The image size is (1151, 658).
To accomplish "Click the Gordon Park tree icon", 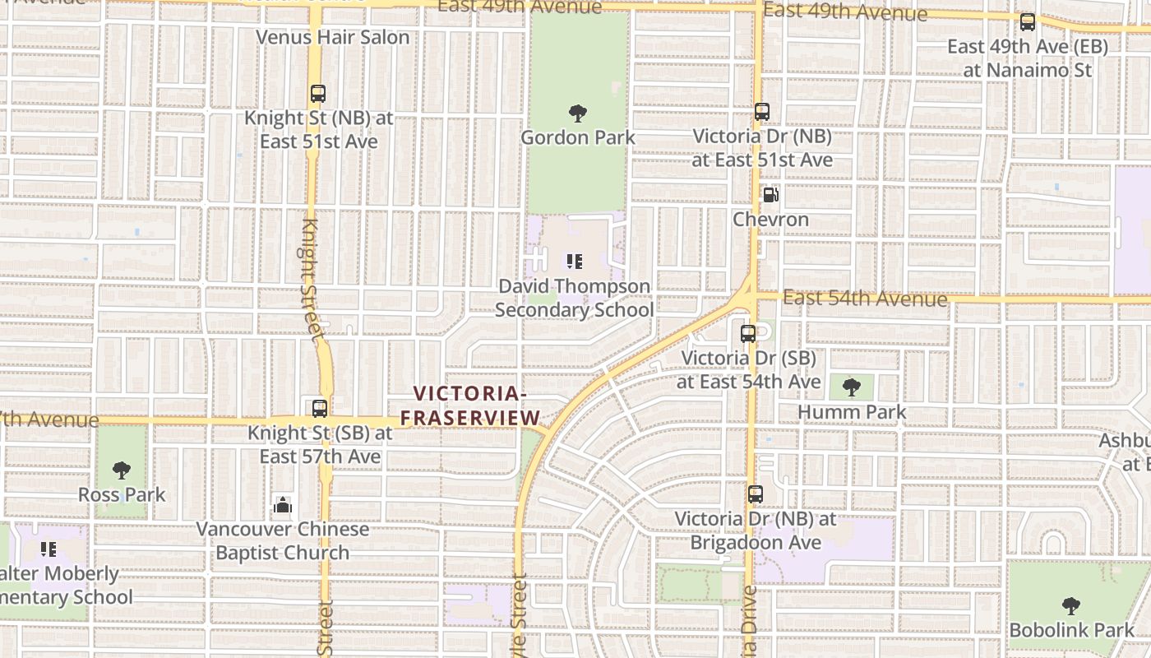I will (x=577, y=113).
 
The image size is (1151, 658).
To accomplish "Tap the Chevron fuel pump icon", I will (x=770, y=195).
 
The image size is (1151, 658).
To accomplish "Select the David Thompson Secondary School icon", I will (x=574, y=262).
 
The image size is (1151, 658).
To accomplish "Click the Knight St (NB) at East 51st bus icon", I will (x=318, y=94).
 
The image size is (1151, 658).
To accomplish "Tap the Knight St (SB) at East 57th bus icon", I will (x=319, y=408).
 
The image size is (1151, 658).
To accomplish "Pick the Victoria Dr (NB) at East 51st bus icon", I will (x=762, y=112).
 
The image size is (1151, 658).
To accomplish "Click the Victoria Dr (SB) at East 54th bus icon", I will (x=748, y=334).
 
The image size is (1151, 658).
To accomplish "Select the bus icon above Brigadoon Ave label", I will (x=755, y=494).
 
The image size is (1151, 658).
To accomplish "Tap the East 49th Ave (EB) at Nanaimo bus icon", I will (x=1027, y=22).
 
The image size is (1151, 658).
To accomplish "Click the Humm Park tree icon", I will (x=852, y=387).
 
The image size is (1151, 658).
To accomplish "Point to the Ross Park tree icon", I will (x=122, y=470).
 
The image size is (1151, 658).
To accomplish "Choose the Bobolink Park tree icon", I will (x=1070, y=606).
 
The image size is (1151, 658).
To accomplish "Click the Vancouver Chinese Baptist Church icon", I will (x=283, y=504).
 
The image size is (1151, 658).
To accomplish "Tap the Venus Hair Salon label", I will (x=332, y=37).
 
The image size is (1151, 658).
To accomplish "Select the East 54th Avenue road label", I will (x=864, y=298).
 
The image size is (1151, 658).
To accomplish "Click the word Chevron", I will (x=770, y=220).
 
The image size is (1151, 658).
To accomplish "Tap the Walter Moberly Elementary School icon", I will (x=49, y=549).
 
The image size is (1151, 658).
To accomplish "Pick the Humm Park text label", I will (x=852, y=412).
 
